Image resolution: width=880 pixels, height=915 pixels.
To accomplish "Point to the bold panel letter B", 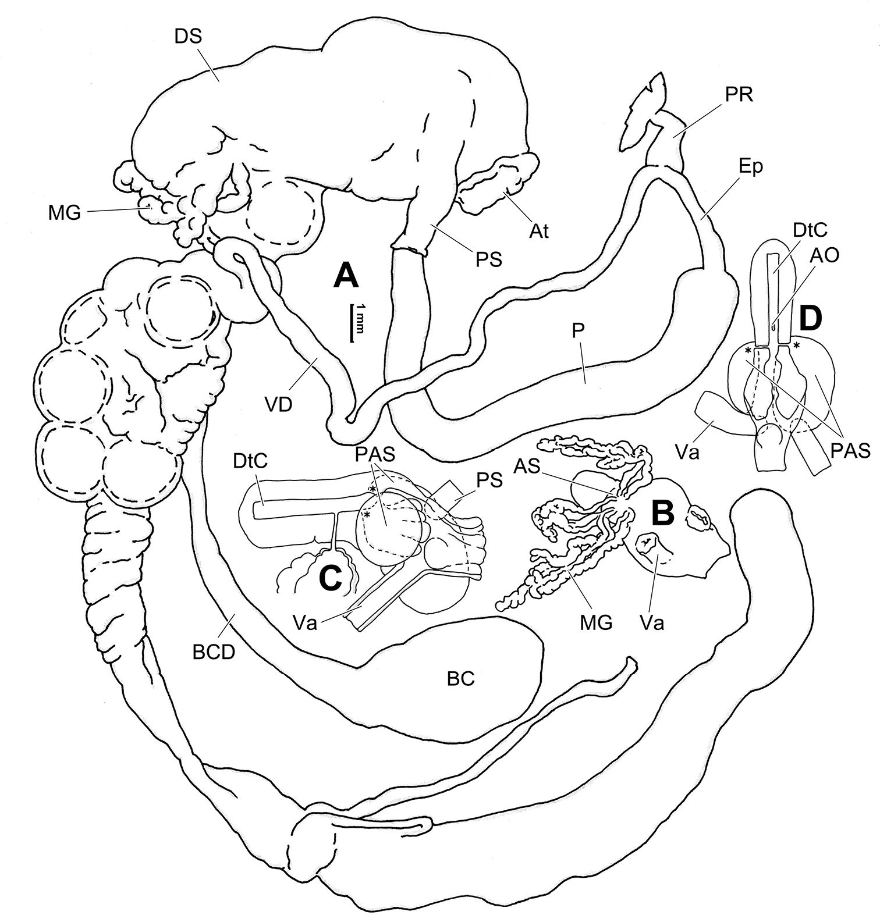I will click(663, 513).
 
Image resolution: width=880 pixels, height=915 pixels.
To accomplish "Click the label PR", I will click(739, 95).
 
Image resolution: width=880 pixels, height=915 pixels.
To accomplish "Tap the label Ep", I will click(751, 167).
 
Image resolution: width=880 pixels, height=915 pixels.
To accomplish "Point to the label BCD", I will click(214, 652).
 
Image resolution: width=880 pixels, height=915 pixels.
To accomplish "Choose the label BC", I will click(461, 678).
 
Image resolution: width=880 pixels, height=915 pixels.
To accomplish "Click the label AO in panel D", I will click(824, 255).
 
